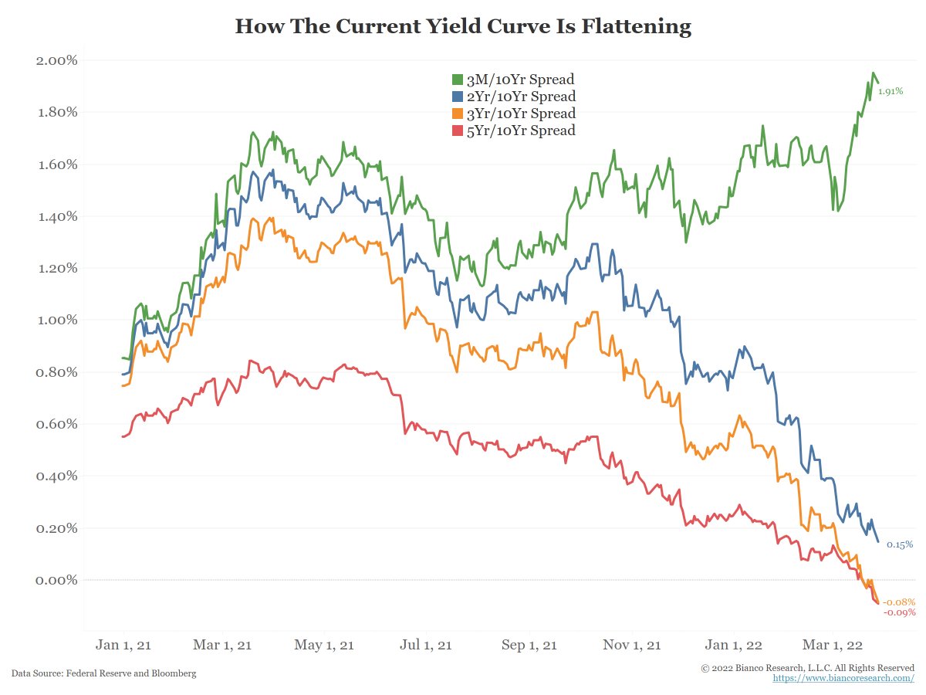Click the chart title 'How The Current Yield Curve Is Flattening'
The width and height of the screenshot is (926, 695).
[463, 27]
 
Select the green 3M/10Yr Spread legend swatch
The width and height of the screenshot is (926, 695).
[457, 80]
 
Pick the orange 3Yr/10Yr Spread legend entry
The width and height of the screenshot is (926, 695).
[512, 114]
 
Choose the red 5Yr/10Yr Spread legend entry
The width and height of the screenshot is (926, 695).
[512, 131]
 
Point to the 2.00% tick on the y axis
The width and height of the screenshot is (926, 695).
[57, 60]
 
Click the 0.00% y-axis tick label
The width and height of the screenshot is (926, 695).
[57, 580]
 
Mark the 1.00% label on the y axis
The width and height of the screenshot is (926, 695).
[57, 320]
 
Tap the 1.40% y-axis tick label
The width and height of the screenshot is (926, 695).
[57, 216]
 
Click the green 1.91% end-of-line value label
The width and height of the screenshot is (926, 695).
[891, 91]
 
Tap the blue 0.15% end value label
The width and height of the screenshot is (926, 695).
[899, 544]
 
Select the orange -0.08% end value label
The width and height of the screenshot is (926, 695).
[899, 602]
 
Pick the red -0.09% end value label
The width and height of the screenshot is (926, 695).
[899, 612]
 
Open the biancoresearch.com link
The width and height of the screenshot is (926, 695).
[843, 678]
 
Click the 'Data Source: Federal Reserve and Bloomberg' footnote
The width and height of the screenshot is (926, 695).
[103, 673]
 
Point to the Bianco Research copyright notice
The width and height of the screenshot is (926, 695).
[807, 667]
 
